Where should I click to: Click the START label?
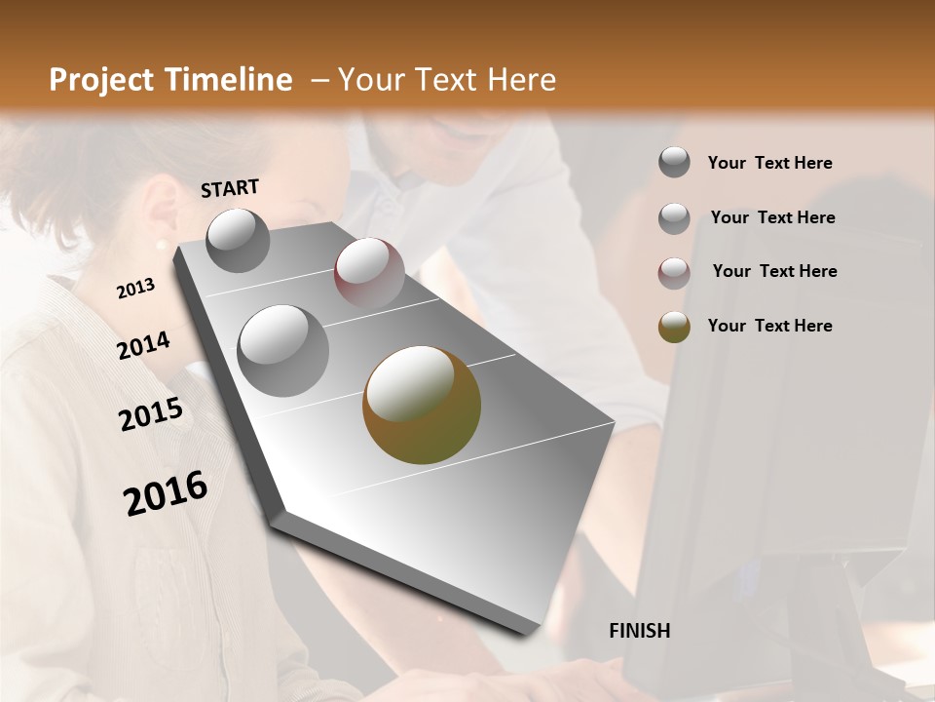(x=230, y=188)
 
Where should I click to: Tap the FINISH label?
(x=639, y=631)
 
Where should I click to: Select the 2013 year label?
(x=135, y=289)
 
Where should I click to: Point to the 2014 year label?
(x=144, y=345)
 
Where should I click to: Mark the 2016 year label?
(x=166, y=493)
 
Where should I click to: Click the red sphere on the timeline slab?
(x=369, y=272)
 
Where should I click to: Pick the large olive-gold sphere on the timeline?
(x=422, y=405)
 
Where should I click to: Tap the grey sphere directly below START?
(x=238, y=240)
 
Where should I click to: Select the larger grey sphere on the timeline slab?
(x=282, y=350)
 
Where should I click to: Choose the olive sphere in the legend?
(x=674, y=327)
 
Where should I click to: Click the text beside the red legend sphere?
(x=774, y=271)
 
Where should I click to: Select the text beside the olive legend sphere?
(x=769, y=326)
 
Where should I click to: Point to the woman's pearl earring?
(x=161, y=244)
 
